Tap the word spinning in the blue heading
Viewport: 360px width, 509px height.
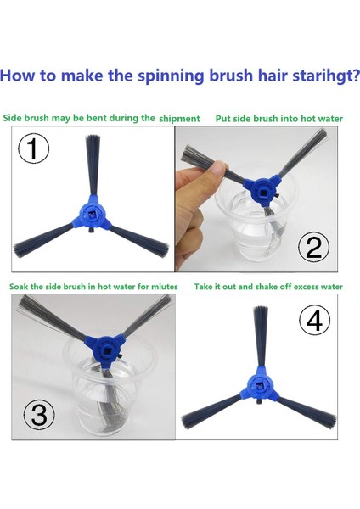(x=171, y=76)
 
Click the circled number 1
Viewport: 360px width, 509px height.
(x=33, y=148)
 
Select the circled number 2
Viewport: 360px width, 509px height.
(x=313, y=247)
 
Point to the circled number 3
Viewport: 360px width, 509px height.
(x=39, y=414)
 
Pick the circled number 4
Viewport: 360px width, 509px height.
(x=314, y=321)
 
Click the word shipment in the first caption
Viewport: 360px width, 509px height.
(x=179, y=119)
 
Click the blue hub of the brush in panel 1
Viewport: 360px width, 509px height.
(x=92, y=215)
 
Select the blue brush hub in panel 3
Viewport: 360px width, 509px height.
(x=104, y=349)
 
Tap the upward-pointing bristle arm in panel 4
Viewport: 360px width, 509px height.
(x=261, y=337)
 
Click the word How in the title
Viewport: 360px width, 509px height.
(x=17, y=76)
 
